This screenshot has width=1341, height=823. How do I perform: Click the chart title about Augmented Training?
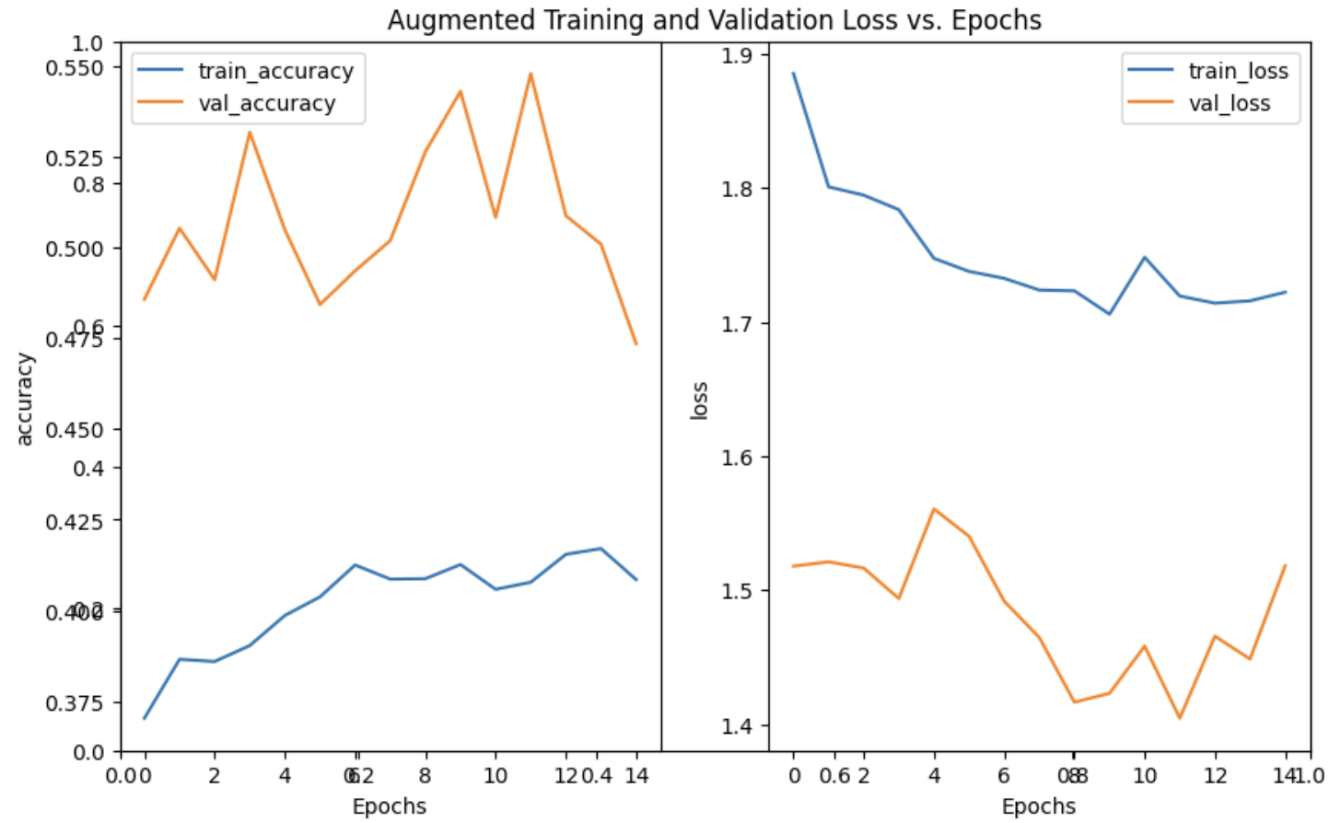pos(714,20)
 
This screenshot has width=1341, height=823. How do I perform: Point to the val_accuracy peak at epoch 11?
pos(531,74)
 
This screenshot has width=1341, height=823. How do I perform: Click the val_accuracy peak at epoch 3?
pos(249,132)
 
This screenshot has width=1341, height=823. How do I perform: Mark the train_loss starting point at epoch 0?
pos(794,74)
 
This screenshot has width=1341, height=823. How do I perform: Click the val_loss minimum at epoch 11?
pos(1180,718)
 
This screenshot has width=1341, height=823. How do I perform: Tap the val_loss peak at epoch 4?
pos(934,509)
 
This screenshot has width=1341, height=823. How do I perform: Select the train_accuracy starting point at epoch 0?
pos(145,718)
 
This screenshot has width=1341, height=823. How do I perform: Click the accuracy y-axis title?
pos(25,400)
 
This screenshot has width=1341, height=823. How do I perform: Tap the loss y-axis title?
pos(699,400)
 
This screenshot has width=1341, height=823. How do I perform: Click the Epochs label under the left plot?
pos(389,806)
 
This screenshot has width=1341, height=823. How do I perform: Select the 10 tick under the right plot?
pos(1144,776)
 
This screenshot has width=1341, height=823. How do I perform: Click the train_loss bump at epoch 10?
pos(1145,258)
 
